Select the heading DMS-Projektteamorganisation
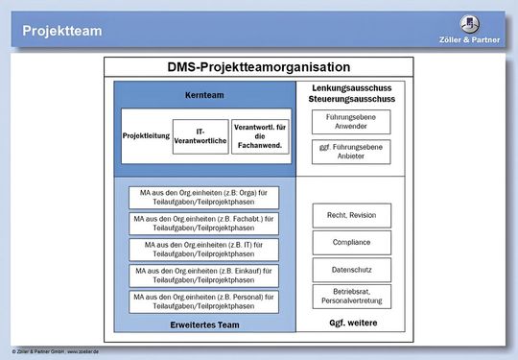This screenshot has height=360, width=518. pos(258,68)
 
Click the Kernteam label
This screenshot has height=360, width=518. pos(203,96)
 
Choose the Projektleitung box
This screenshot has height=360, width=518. pos(146,135)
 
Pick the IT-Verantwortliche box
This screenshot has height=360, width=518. pos(200,136)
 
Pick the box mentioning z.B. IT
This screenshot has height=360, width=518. pos(203,250)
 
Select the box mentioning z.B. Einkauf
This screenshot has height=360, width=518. pos(203,276)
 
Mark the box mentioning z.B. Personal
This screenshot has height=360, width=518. pos(203,301)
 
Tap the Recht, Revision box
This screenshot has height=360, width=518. pos(351,215)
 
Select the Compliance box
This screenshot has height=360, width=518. pos(351,242)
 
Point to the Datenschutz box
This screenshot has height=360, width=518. pos(351,270)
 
